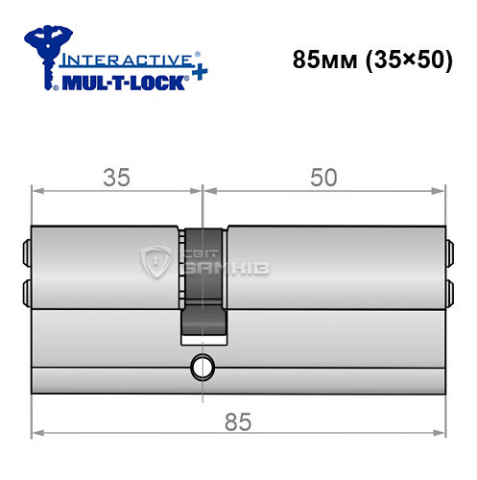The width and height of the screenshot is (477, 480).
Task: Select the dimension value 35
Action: (117, 176)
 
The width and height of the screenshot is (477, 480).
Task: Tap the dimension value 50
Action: (324, 176)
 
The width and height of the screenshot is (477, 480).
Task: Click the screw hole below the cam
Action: (202, 365)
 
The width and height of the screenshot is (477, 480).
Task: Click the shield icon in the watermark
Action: (155, 260)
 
